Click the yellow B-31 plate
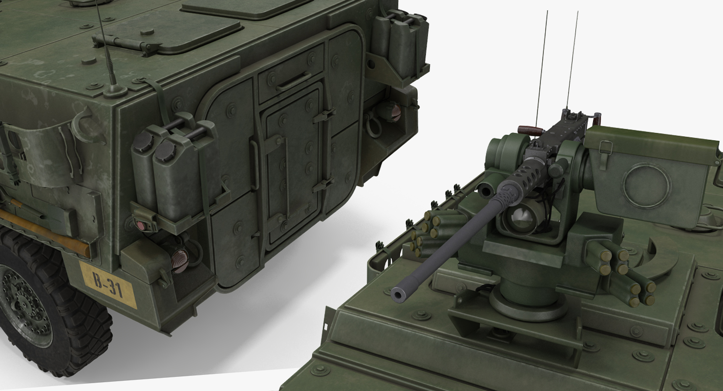(107, 285)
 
